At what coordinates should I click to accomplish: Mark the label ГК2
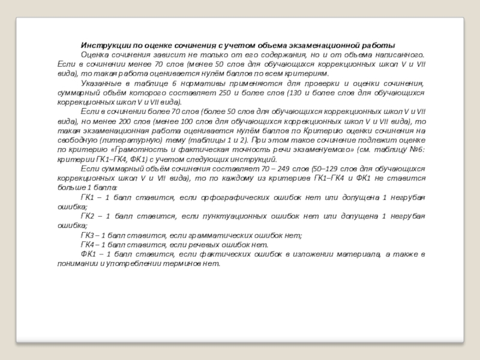pyautogui.click(x=88, y=216)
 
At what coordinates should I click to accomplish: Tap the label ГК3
pyautogui.click(x=88, y=236)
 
